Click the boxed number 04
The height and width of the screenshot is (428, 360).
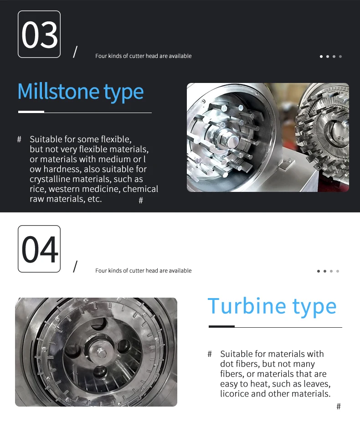click(39, 249)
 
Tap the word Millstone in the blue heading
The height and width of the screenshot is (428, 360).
click(58, 91)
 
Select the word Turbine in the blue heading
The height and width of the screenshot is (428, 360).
click(247, 306)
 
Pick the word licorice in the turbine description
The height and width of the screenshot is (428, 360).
click(234, 394)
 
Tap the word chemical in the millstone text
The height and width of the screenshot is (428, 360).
click(140, 189)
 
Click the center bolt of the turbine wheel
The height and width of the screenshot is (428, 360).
click(101, 353)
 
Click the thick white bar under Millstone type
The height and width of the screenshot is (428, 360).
click(31, 112)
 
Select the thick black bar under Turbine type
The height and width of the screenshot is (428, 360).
click(221, 326)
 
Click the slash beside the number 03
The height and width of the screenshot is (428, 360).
click(75, 52)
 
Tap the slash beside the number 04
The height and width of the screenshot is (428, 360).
click(75, 266)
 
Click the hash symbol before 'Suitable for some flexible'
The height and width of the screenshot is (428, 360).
click(19, 139)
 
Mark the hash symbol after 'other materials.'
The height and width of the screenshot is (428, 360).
click(339, 407)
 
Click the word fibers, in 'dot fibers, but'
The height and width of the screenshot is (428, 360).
click(247, 364)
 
